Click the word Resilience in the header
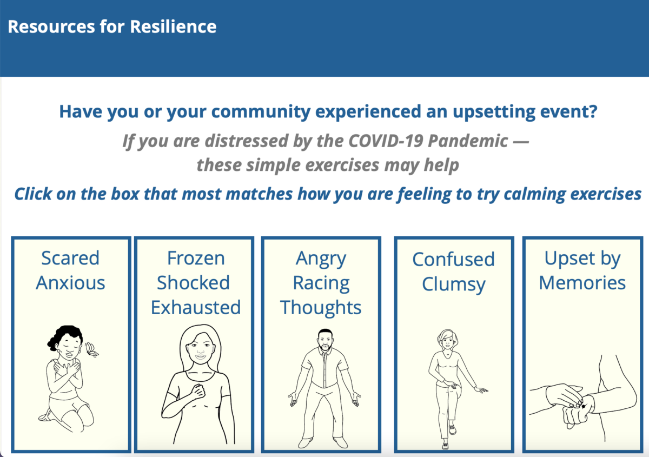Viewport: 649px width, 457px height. point(173,27)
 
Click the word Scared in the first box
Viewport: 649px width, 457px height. point(70,258)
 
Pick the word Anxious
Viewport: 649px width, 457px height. point(70,282)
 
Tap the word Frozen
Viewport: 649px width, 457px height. point(196,258)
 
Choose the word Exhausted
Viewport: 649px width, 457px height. point(196,307)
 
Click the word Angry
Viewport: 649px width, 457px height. point(321,259)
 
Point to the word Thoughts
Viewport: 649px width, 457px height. point(321,308)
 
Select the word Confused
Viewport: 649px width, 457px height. point(453,259)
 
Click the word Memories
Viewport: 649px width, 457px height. point(582,282)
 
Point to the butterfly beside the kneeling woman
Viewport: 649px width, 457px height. point(91,349)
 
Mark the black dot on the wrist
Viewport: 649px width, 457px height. point(584,406)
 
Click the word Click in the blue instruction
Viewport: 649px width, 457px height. point(33,194)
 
